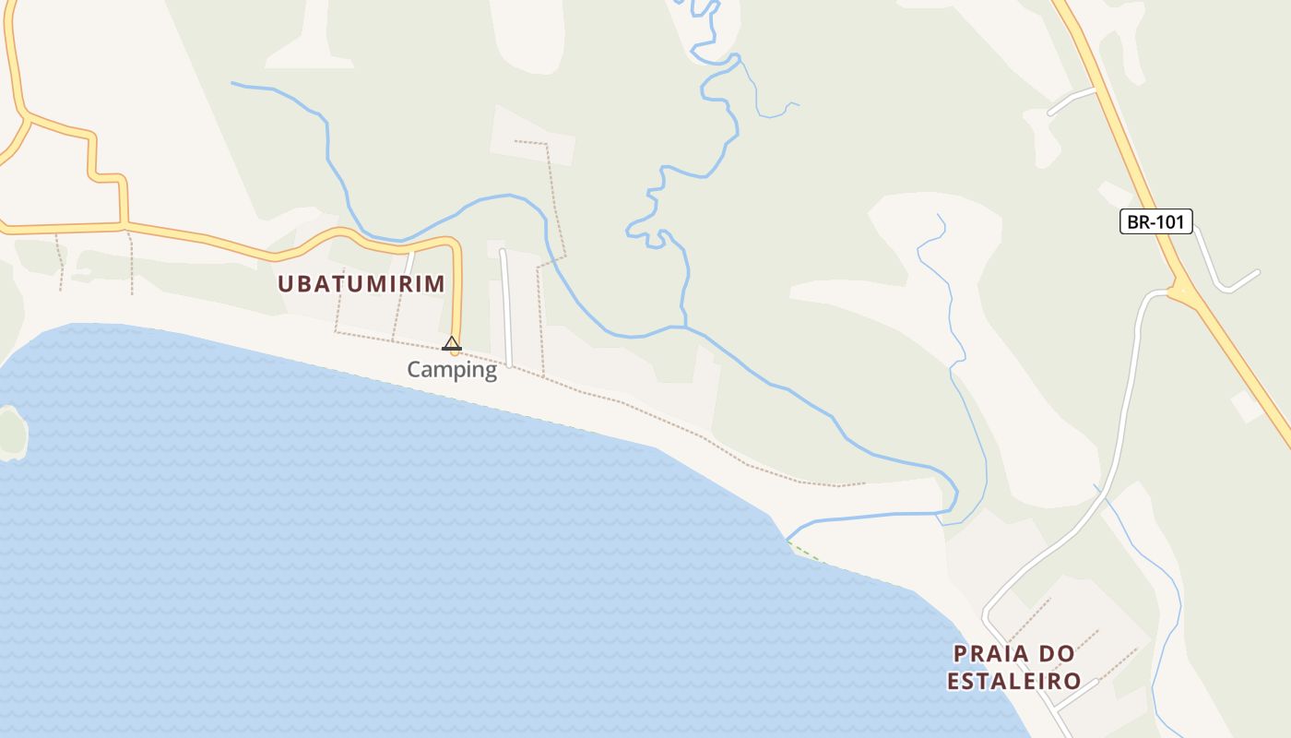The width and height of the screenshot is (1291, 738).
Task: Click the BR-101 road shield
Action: coord(1156,221)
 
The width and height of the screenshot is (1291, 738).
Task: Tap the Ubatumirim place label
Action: coord(361,284)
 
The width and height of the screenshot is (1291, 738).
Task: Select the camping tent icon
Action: coord(451,344)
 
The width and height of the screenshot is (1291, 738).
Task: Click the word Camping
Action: coord(452,370)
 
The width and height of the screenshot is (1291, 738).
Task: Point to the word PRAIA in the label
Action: coord(989,654)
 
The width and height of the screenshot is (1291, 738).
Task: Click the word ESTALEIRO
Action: coord(1014,682)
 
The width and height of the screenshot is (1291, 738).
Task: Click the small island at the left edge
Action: coord(11,432)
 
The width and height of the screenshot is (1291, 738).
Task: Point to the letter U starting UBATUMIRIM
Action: coord(285,284)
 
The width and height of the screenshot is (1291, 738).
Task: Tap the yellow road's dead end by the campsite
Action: coord(455,351)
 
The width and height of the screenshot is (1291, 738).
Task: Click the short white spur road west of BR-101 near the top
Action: coord(1071,101)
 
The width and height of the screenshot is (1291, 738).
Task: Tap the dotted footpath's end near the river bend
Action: coord(863,483)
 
